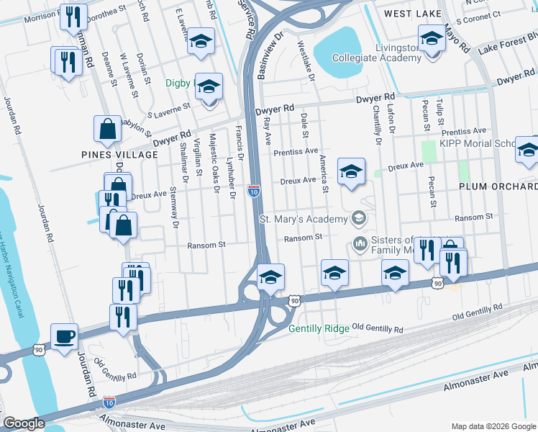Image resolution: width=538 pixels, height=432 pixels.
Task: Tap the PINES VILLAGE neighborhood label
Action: [x=109, y=155]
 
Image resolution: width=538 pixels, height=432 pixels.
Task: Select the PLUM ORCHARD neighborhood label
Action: [x=498, y=186]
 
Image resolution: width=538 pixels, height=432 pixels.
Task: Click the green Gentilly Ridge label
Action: [x=319, y=328]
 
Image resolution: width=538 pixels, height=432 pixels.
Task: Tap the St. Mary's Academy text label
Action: [x=302, y=219]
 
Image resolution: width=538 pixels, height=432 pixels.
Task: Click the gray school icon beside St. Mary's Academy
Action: [x=357, y=218]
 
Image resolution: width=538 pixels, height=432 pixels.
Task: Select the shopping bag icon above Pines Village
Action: [x=107, y=130]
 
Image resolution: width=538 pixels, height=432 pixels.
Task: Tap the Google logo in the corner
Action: [x=24, y=423]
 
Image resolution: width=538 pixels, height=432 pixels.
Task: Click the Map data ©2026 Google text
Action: [x=493, y=426]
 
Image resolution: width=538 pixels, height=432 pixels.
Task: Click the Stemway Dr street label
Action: [x=174, y=207]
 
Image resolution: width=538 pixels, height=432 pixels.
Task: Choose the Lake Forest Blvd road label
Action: [x=506, y=43]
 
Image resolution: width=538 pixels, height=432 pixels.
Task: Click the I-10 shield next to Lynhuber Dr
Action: [x=253, y=191]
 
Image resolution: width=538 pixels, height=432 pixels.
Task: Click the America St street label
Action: [x=324, y=174]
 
